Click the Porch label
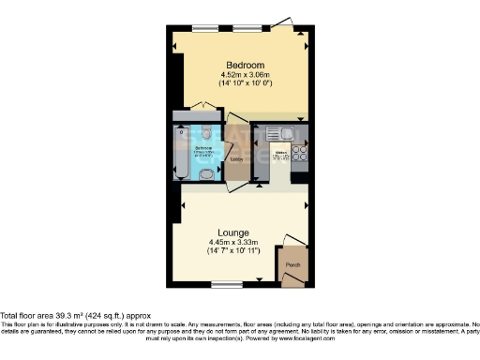(292, 264)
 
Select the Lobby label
(236, 158)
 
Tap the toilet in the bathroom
(206, 174)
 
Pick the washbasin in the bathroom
(206, 132)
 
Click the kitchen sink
(277, 134)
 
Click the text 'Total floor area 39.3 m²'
(42, 316)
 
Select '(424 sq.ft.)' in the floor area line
(108, 316)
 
